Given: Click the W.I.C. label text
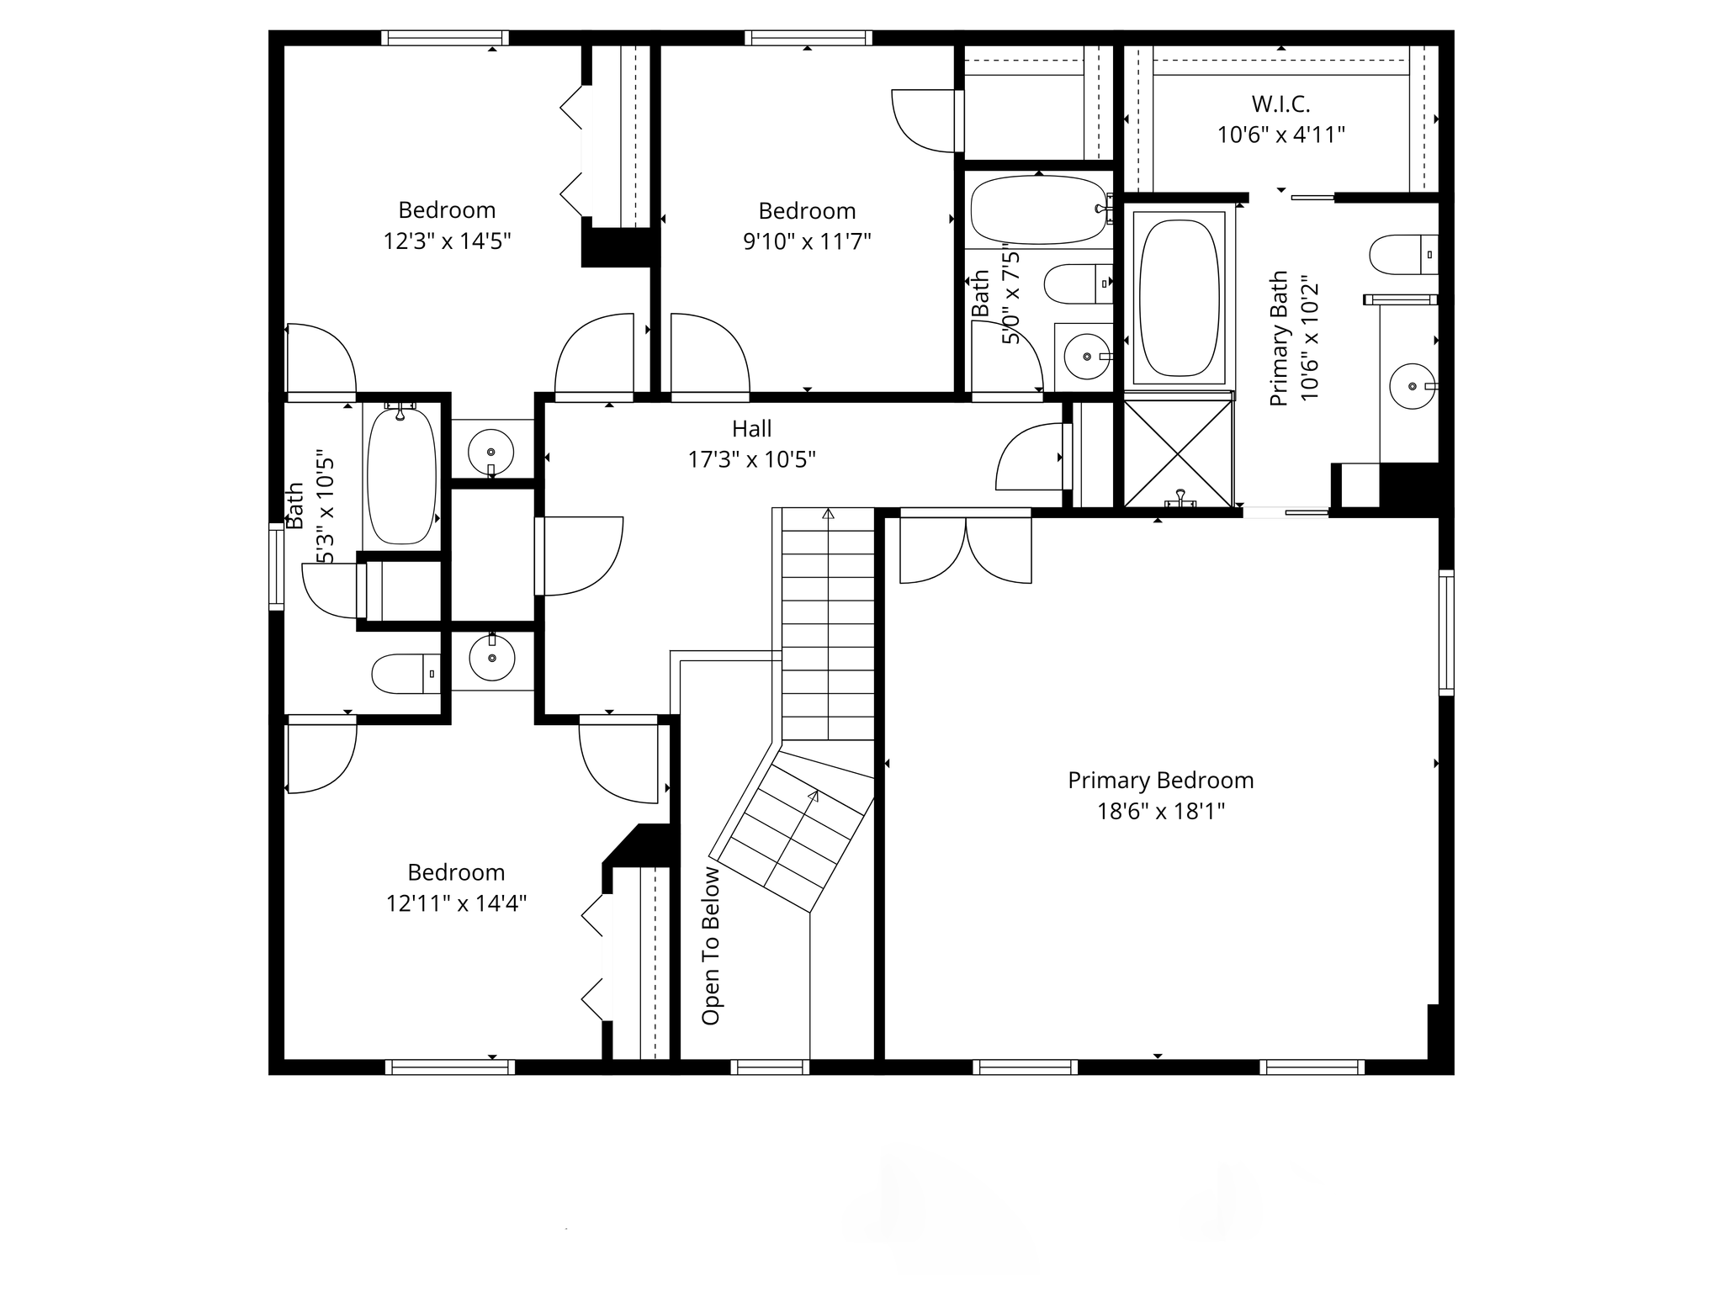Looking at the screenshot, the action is (1280, 104).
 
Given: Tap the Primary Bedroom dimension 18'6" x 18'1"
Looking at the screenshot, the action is (1161, 812).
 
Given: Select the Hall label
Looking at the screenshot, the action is (751, 429).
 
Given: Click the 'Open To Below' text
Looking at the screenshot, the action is (711, 945).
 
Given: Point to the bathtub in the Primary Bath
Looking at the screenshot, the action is (1180, 298).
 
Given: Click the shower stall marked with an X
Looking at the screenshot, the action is (1179, 454).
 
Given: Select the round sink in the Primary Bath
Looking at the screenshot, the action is (1413, 386).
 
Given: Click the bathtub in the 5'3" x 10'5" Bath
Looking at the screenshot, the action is (402, 474).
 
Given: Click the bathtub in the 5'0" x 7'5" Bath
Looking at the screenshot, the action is (1039, 209).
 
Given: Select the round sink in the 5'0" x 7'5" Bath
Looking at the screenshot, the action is (1087, 357).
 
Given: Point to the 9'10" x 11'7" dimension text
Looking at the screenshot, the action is (807, 242).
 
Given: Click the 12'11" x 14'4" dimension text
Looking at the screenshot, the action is (456, 903).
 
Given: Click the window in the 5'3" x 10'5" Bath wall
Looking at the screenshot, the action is (276, 566).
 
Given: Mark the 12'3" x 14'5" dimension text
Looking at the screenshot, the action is (447, 241).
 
